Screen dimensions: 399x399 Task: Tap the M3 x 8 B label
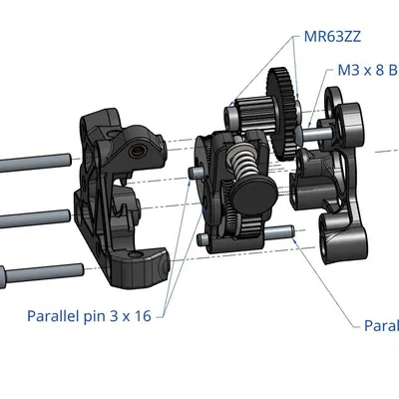[x=366, y=72]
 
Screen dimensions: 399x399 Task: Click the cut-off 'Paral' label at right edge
[x=380, y=325]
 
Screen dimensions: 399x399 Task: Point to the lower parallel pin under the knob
[x=280, y=233]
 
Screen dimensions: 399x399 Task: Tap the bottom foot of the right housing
[x=342, y=239]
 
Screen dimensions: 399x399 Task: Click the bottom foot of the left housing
[x=140, y=266]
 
